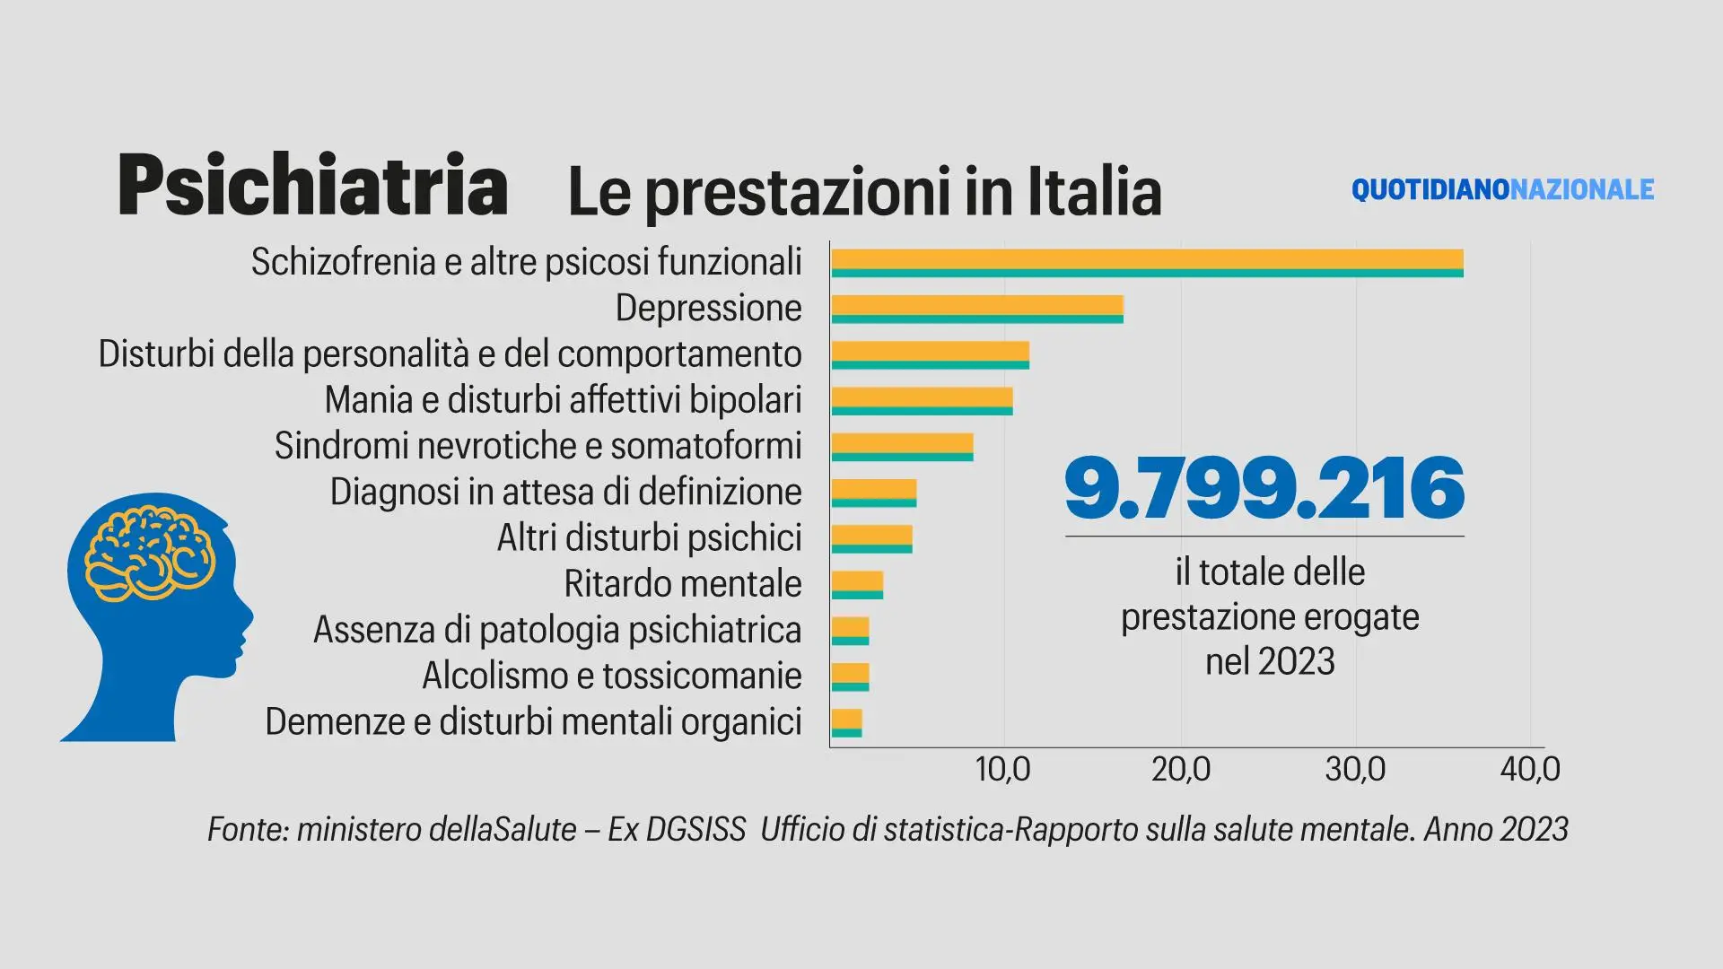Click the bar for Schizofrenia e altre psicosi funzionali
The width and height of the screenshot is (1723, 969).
pos(1147,263)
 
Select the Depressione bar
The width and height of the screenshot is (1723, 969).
pos(977,309)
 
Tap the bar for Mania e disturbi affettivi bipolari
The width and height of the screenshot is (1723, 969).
pos(922,401)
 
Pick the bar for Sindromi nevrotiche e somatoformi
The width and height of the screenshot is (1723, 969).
pos(902,447)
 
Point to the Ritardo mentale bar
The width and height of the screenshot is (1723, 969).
pos(857,585)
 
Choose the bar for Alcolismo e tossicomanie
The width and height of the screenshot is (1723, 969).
pos(850,677)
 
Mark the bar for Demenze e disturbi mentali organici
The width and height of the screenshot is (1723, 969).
pos(846,723)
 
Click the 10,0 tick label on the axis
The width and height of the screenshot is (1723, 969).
pos(1003,769)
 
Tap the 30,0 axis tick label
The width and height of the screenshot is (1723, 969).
pos(1355,769)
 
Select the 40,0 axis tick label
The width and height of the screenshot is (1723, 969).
pos(1530,769)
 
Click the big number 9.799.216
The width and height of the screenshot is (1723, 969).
pos(1264,489)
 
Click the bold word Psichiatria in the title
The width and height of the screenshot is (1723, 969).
pos(312,186)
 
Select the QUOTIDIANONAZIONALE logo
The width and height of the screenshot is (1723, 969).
pos(1502,189)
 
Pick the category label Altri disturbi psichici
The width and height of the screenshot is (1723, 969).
pos(649,538)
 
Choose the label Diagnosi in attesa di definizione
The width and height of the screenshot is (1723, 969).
pos(565,492)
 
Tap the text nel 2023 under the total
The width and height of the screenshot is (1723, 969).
pos(1270,662)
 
